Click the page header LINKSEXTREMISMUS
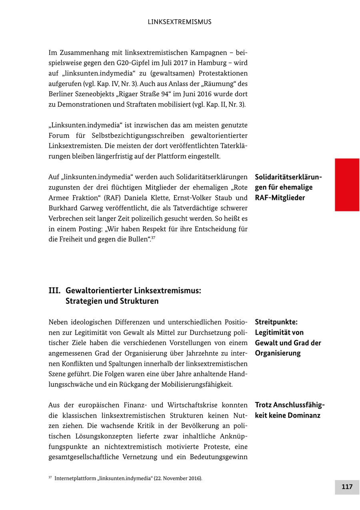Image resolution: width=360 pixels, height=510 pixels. pyautogui.click(x=180, y=22)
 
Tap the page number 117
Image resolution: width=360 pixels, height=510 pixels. pyautogui.click(x=347, y=487)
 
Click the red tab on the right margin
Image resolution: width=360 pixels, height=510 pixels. pyautogui.click(x=347, y=185)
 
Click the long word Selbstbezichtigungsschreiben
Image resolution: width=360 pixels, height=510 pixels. pyautogui.click(x=134, y=136)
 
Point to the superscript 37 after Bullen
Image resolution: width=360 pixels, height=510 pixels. pyautogui.click(x=153, y=238)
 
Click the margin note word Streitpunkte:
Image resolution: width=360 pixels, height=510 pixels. pyautogui.click(x=276, y=322)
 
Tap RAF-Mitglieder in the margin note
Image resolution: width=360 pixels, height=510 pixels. pyautogui.click(x=280, y=198)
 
